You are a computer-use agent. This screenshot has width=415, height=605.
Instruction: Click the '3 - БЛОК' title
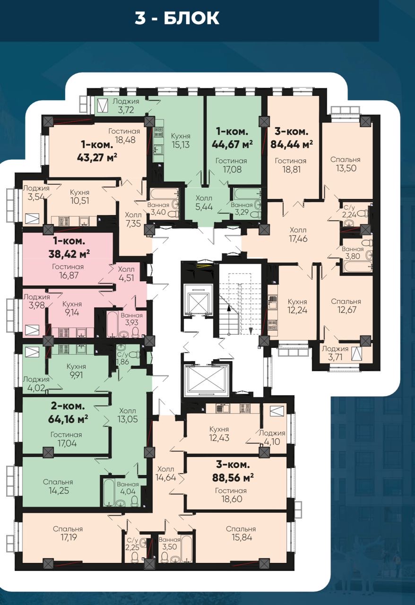tap(177, 18)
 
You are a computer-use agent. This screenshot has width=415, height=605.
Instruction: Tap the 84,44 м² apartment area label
tap(292, 145)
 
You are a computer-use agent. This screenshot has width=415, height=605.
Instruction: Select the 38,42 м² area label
tap(69, 254)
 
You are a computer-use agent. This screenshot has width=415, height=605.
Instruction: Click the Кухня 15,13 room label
tap(181, 140)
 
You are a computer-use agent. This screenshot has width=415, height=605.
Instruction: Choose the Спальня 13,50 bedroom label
tap(346, 164)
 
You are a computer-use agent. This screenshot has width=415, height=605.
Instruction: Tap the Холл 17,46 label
tap(298, 234)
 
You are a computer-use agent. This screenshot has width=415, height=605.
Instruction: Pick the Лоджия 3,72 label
tap(126, 105)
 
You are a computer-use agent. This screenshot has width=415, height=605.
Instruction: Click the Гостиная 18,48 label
tap(124, 136)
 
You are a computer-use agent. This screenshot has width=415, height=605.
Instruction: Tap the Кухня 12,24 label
tap(297, 306)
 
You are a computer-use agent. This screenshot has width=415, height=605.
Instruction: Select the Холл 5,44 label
tap(204, 203)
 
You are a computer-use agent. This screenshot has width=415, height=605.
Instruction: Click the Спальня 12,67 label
tap(346, 305)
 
